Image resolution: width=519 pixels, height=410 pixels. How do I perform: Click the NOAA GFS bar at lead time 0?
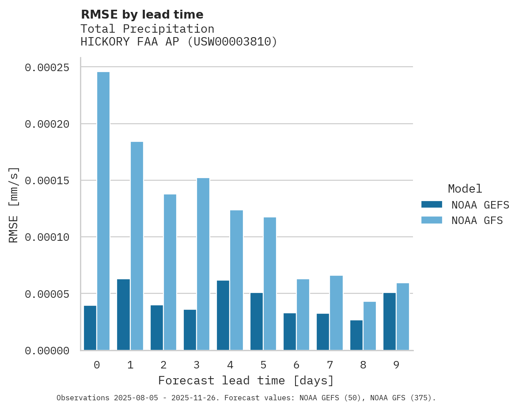103,211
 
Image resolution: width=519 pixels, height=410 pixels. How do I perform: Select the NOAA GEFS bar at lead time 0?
90,328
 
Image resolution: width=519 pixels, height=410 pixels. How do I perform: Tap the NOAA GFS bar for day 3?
203,264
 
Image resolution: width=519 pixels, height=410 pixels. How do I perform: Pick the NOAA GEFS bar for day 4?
223,315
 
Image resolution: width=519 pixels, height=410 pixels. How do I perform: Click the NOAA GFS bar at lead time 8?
370,326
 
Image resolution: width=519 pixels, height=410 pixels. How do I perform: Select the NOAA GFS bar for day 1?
136,246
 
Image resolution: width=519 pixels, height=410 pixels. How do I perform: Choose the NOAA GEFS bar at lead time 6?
290,332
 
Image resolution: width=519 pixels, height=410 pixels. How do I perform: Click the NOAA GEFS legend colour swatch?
432,205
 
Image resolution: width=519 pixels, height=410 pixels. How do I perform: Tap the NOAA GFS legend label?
477,220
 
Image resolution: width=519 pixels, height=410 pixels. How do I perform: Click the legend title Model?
465,189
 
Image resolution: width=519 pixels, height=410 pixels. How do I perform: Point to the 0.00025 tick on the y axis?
47,68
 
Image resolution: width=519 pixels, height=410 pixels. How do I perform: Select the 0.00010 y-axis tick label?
47,237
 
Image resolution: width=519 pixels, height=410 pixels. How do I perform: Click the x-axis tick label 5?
263,365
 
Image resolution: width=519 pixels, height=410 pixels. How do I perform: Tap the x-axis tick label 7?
330,365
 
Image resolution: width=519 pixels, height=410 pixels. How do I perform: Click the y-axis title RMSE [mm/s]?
14,205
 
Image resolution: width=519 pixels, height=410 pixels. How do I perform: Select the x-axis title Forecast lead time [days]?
246,380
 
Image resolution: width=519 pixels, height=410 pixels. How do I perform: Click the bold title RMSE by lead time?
142,15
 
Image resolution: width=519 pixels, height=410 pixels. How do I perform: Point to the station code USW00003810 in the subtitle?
232,42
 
